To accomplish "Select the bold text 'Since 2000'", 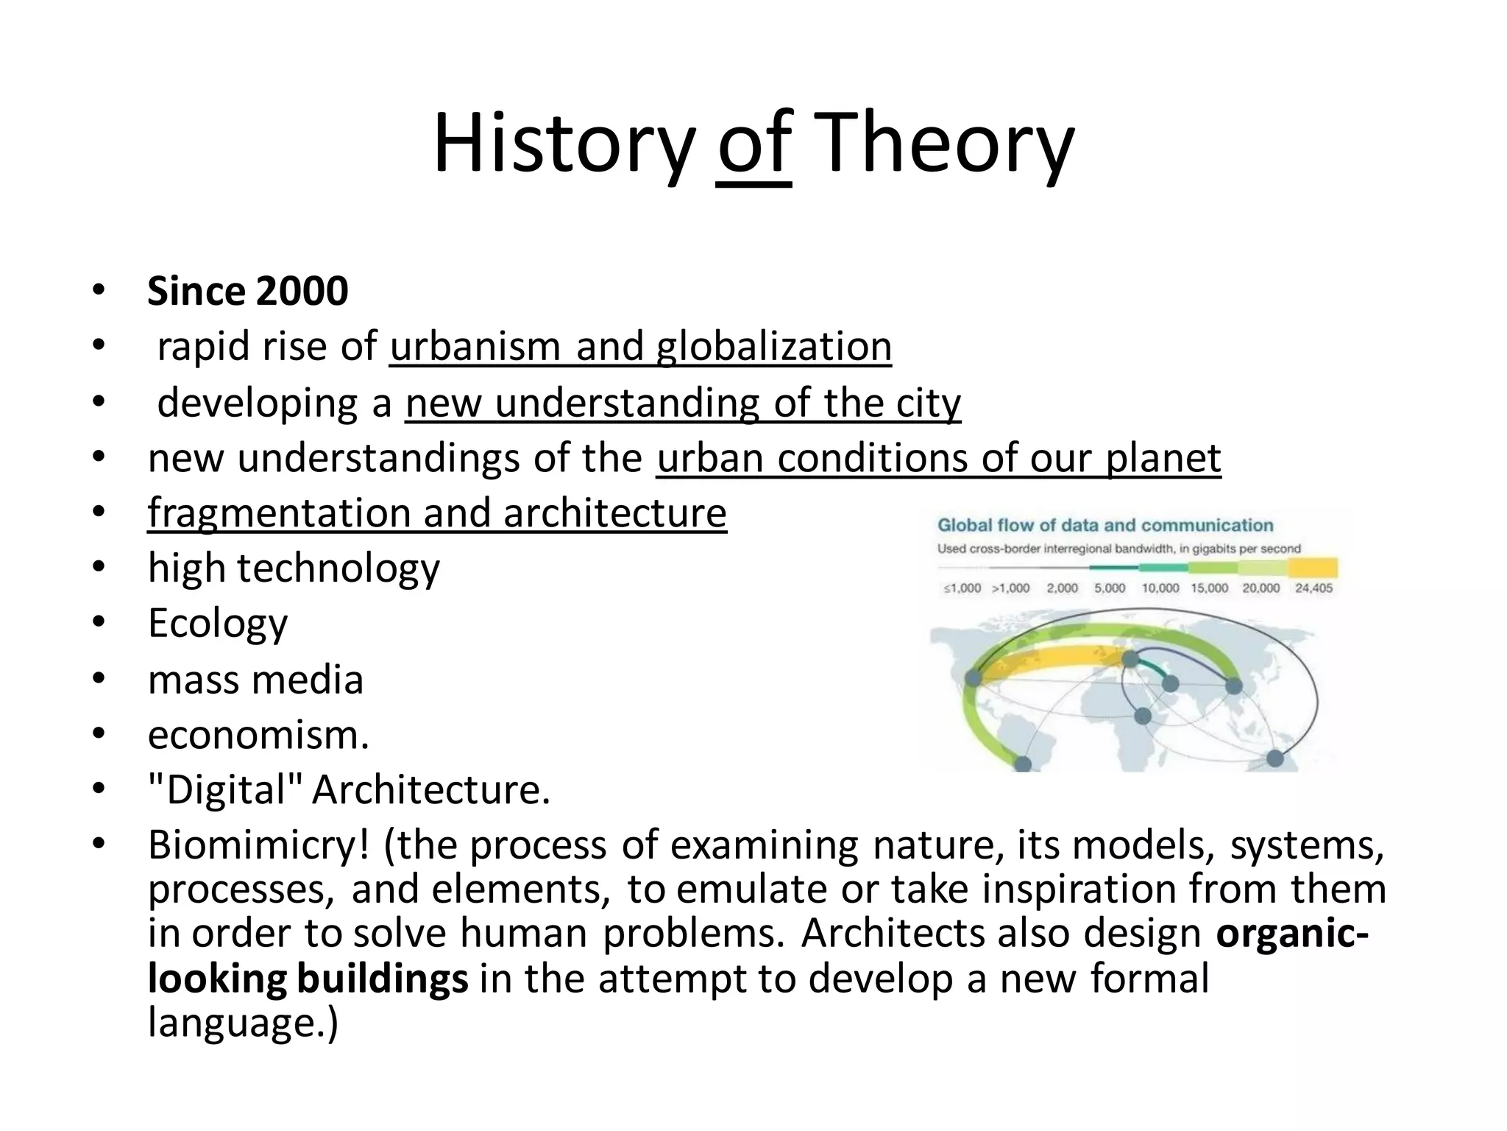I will click(x=247, y=291).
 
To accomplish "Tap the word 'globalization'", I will click(x=773, y=346).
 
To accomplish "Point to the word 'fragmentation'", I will click(x=279, y=513).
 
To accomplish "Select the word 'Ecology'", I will click(x=218, y=624).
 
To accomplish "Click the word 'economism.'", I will click(x=258, y=735).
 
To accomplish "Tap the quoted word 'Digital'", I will click(x=225, y=790).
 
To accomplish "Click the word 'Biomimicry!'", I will click(x=258, y=845).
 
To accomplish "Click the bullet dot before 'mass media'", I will click(x=99, y=679).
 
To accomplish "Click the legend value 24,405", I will click(x=1313, y=588).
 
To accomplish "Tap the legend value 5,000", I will click(x=1110, y=588).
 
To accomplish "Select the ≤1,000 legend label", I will click(x=962, y=588).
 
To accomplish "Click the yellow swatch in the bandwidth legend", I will click(x=1313, y=568).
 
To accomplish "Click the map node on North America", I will click(x=974, y=677).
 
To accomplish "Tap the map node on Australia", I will click(x=1274, y=758).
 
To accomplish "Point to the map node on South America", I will click(x=1023, y=764).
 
